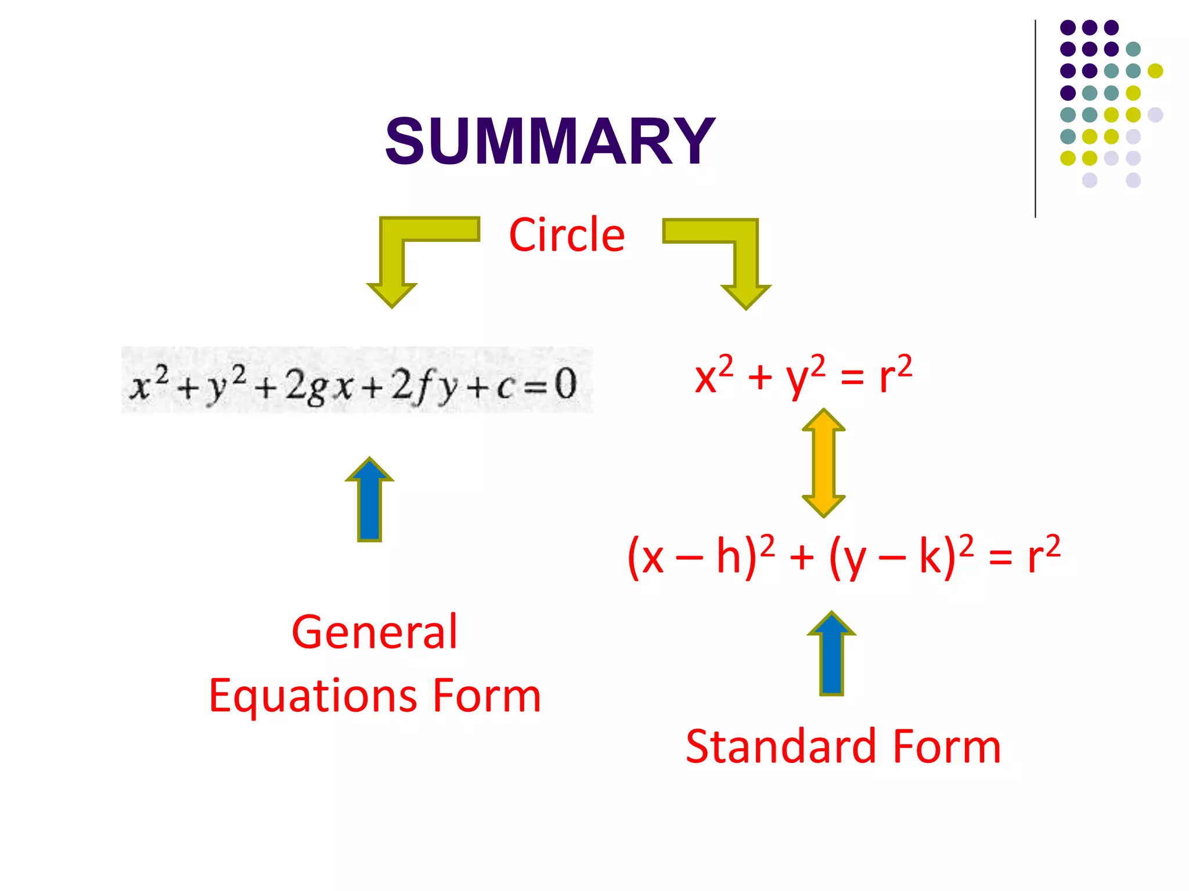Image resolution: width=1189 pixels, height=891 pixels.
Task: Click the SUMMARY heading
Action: tap(550, 141)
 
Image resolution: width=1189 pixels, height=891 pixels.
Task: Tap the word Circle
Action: tap(567, 235)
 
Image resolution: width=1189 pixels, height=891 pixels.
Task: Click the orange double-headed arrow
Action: tap(823, 463)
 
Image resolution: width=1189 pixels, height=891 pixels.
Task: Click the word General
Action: tap(374, 632)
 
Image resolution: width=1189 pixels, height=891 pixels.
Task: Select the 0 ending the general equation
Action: tap(565, 384)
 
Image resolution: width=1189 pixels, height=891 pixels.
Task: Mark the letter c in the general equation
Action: tap(505, 387)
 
